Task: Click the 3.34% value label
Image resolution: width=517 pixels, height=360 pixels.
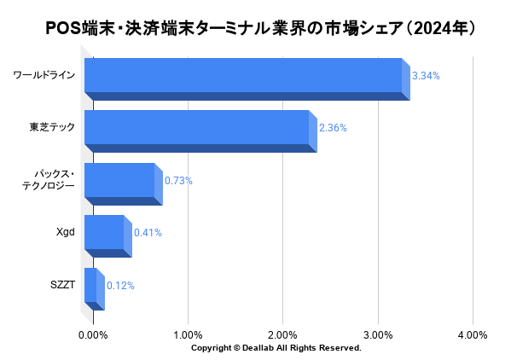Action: tap(426, 76)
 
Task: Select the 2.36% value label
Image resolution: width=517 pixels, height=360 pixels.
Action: tap(333, 128)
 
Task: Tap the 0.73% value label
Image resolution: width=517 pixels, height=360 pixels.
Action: tap(178, 181)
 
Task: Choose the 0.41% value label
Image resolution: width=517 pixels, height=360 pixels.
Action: tap(148, 233)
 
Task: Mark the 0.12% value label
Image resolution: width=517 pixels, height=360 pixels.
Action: tap(120, 286)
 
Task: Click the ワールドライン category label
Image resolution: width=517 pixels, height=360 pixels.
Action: tap(44, 75)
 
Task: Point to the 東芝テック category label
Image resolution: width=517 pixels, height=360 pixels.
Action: tap(52, 127)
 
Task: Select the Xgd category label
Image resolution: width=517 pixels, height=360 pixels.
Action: tap(65, 232)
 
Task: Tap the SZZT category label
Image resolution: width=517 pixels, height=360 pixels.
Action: tap(62, 285)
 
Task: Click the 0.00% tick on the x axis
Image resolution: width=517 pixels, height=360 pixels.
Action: tap(93, 334)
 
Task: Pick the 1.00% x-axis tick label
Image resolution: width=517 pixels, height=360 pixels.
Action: tap(188, 334)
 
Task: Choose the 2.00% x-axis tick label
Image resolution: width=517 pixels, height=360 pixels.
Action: tap(282, 334)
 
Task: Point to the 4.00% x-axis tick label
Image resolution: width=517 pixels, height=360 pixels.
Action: tap(473, 334)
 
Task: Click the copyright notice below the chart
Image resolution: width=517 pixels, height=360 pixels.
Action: tap(276, 348)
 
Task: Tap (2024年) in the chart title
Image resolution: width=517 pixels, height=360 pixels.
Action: tap(439, 28)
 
